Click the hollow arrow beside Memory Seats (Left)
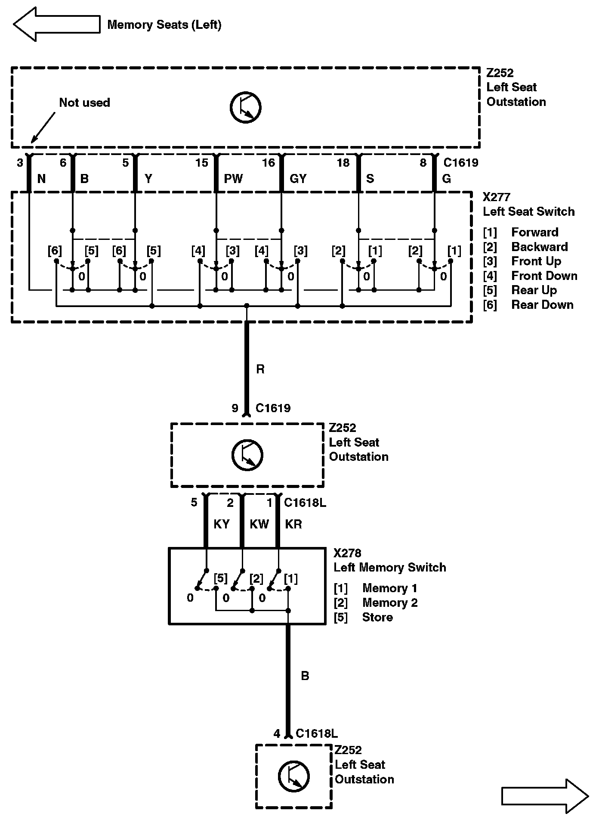(56, 24)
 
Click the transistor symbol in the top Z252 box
(245, 107)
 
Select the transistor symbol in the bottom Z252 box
(293, 777)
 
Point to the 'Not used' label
(84, 102)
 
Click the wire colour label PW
(233, 178)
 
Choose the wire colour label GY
(298, 178)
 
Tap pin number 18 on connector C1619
(343, 163)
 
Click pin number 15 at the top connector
(201, 163)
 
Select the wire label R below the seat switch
(260, 369)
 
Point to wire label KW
(259, 524)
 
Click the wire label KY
(222, 524)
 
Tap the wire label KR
(293, 524)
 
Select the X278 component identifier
(347, 553)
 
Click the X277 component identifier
(496, 197)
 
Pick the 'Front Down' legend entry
(544, 276)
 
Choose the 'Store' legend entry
(377, 617)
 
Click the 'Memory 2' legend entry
(389, 603)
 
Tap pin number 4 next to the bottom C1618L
(277, 733)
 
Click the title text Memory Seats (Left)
(164, 25)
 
